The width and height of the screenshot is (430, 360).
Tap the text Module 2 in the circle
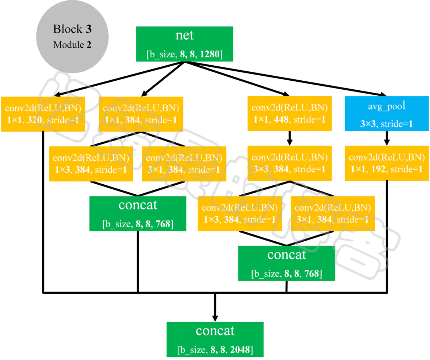pos(72,45)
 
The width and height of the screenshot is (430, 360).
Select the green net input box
pos(185,44)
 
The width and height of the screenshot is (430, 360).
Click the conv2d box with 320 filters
pos(43,114)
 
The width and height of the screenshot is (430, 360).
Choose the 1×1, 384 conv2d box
pos(141,114)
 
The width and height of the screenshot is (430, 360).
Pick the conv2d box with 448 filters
pos(290,114)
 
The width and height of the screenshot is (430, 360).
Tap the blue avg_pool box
pos(387,114)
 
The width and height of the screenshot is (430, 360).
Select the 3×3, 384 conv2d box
pos(290,163)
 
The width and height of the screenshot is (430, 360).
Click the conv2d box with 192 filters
pos(387,163)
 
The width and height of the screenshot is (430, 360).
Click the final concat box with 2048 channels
pos(215,339)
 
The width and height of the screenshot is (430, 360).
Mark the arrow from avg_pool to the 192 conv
pos(387,138)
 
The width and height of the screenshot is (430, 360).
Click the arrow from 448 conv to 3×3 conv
pos(290,138)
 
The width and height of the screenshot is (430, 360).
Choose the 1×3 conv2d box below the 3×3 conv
pos(240,214)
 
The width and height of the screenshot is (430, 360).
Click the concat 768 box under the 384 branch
pos(138,213)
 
